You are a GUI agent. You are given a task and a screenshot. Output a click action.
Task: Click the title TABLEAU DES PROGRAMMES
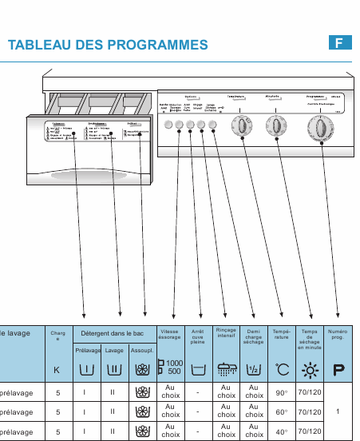108,46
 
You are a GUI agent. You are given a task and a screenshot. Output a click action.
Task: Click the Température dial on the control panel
239,125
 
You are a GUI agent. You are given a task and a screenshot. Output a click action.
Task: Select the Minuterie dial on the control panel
275,125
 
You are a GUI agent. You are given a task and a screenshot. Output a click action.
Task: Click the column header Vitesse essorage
169,334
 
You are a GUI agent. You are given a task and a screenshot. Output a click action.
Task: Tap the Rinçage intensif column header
227,332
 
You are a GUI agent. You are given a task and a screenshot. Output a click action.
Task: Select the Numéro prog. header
338,334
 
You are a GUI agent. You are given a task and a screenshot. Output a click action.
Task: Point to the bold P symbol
338,369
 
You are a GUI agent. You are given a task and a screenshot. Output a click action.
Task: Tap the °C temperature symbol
282,369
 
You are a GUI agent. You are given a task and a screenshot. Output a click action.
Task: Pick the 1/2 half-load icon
254,369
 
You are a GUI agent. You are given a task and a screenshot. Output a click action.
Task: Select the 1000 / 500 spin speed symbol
170,368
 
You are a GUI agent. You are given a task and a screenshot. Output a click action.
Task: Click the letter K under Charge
57,370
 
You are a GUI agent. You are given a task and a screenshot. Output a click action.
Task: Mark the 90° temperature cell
282,392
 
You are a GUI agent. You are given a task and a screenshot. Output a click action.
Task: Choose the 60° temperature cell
282,412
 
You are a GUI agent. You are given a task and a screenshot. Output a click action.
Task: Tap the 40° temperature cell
282,432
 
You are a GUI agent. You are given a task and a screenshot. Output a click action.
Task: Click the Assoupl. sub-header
142,350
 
